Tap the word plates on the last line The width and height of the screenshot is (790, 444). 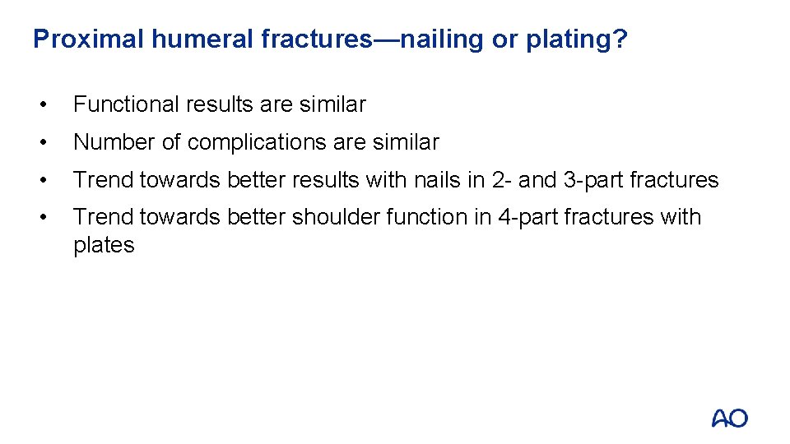click(x=104, y=245)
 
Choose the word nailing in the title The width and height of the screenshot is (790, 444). click(x=441, y=39)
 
